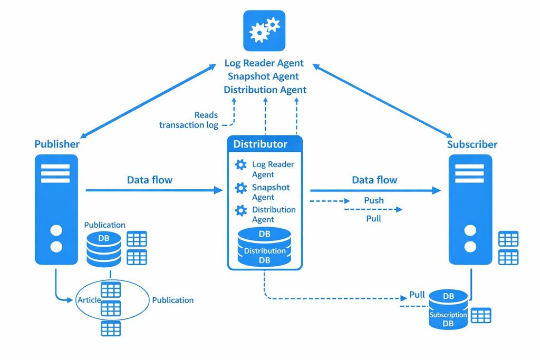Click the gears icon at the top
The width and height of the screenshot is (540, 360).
[x=264, y=31]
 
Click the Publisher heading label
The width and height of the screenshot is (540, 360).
[x=57, y=144]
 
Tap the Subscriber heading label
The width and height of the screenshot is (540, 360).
[x=472, y=144]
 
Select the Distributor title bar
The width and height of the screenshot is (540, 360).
[x=265, y=144]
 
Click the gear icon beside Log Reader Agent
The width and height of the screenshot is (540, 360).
[x=241, y=165]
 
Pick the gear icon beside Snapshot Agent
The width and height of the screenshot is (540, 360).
[x=241, y=188]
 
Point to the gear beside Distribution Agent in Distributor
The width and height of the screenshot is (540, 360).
[x=241, y=211]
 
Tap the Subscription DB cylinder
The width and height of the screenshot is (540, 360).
[x=448, y=310]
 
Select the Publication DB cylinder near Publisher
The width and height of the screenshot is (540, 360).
[x=104, y=248]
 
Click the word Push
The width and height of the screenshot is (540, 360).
[x=374, y=201]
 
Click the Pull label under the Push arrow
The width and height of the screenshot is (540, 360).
[x=373, y=218]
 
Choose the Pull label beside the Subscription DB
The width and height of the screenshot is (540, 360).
[x=417, y=295]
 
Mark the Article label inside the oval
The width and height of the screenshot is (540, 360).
[x=89, y=300]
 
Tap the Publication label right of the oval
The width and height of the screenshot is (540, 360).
[x=172, y=300]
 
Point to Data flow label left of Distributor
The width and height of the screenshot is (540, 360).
[x=150, y=180]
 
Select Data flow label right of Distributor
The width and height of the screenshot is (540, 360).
[x=374, y=180]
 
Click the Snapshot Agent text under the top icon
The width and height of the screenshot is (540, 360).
[x=264, y=76]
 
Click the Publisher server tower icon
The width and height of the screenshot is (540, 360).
[x=56, y=209]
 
